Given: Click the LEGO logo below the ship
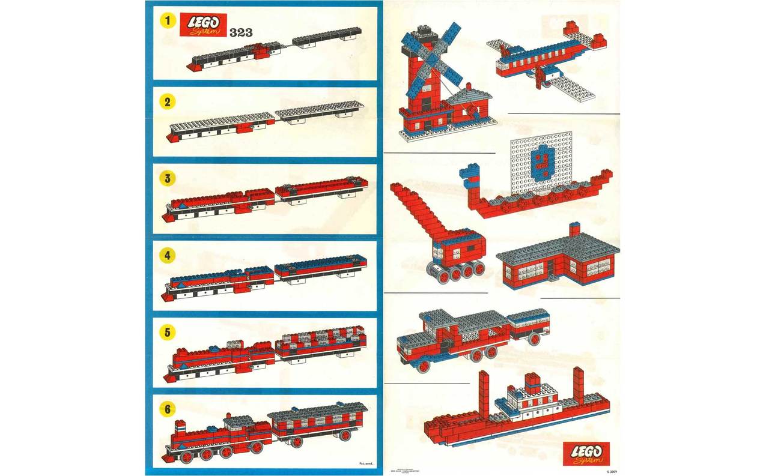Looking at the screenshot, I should tap(586, 453).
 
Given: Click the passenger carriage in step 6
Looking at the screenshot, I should tap(318, 425).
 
